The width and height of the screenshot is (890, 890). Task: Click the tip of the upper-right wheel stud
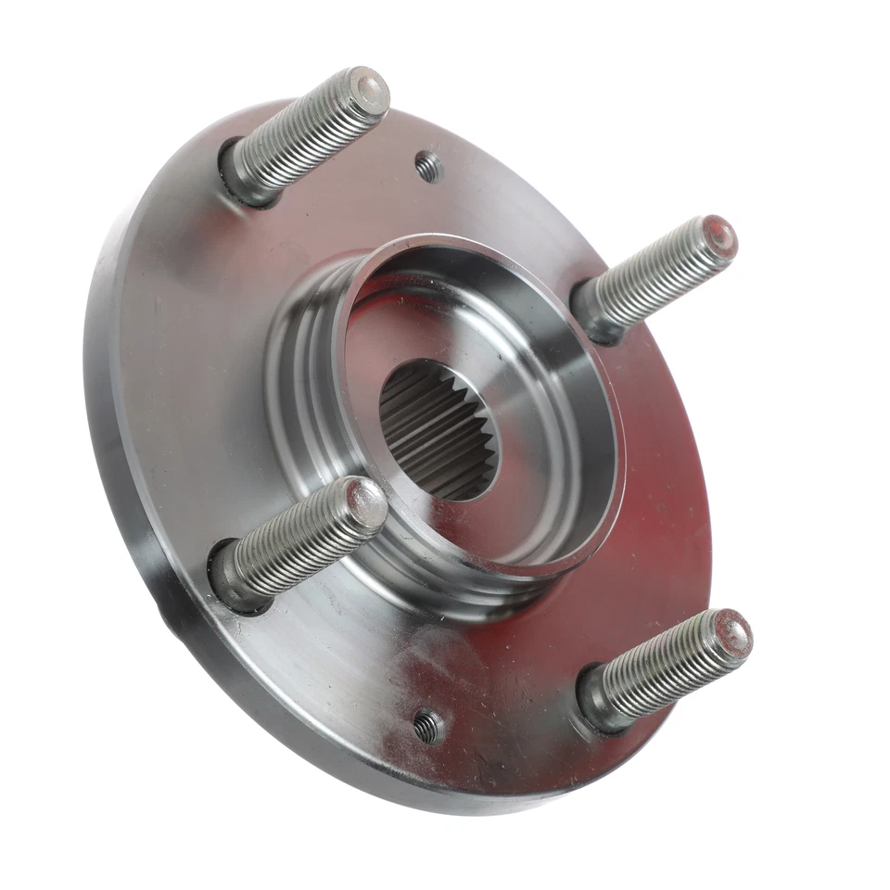point(719,237)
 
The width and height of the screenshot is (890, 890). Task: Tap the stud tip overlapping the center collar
point(368,501)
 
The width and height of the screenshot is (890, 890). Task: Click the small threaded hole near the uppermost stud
point(428,166)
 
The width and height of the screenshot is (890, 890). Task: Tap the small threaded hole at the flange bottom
point(427,726)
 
